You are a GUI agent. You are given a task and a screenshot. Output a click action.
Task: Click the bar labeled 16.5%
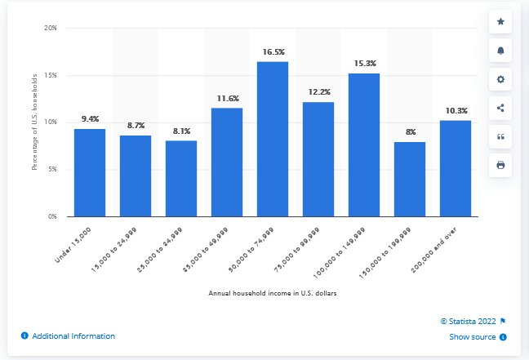[273, 139]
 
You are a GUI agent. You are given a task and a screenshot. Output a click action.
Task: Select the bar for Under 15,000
[90, 172]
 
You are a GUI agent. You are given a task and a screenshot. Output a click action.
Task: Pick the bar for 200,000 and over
[456, 168]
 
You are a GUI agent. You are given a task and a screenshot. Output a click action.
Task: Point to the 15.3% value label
[364, 64]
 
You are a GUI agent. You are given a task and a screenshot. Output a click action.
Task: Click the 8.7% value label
[136, 126]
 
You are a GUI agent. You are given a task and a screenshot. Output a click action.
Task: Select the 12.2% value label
[318, 92]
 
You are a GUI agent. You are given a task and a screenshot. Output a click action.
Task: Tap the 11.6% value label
[227, 98]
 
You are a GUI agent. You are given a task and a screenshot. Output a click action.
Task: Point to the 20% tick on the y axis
[51, 28]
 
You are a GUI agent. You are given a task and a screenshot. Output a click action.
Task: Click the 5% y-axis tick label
[52, 170]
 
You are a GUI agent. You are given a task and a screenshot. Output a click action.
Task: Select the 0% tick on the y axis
[52, 217]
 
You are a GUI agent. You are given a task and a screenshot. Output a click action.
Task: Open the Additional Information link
[73, 336]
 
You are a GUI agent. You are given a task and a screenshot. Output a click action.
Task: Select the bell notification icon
[500, 51]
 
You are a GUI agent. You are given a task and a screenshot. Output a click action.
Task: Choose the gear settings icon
[500, 79]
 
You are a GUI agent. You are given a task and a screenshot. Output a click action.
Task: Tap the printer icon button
[500, 165]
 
